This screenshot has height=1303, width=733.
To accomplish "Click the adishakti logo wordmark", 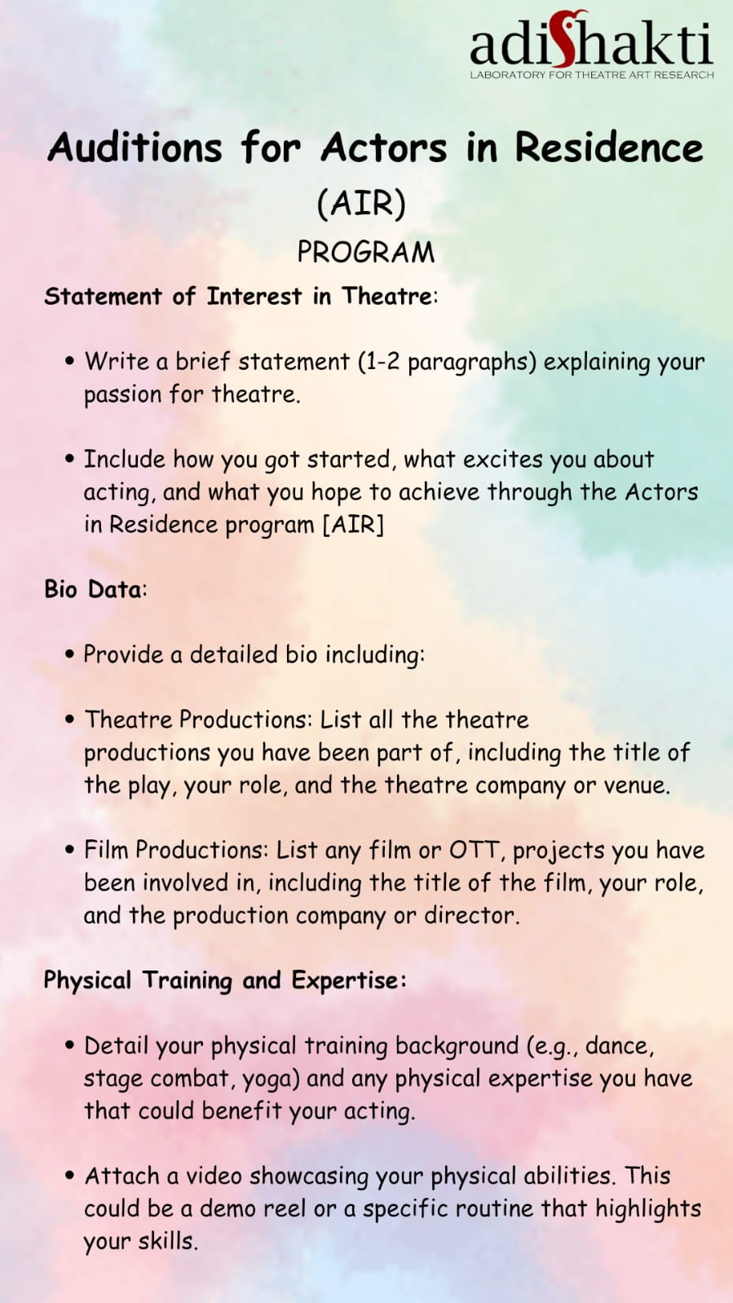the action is [591, 40].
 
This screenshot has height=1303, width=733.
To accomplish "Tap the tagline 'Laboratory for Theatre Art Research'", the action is [591, 74].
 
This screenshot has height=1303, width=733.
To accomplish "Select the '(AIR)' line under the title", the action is [361, 204].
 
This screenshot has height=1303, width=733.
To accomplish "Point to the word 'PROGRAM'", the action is [366, 253].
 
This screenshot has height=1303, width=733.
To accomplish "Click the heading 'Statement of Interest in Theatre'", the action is [238, 296].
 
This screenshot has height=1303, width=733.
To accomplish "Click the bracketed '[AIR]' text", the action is [354, 525].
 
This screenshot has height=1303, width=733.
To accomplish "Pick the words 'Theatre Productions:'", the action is [199, 720].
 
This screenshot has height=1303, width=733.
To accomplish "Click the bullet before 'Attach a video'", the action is [70, 1176].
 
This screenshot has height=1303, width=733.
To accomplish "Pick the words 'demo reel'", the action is [253, 1208].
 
